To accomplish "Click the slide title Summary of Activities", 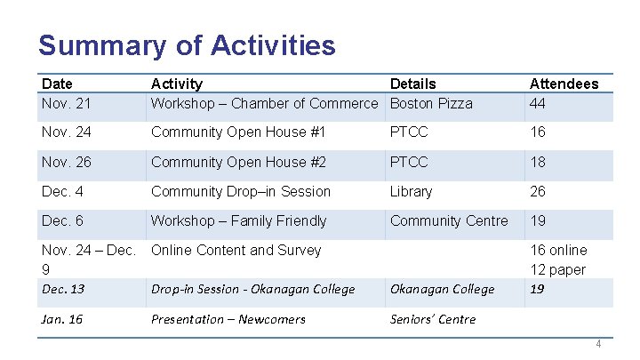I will [187, 45].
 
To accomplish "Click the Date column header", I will [57, 84].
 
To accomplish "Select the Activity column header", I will [176, 84].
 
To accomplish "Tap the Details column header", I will [412, 84].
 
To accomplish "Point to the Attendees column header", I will [564, 84].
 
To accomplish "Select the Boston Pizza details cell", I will [431, 103].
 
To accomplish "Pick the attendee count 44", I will [538, 103].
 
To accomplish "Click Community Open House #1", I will [238, 132].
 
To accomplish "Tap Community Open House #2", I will [238, 162].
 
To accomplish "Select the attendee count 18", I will [538, 162].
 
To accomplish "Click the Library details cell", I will [411, 191].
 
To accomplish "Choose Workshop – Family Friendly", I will [238, 220].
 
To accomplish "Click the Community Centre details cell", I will [449, 220].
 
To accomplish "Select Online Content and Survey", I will [236, 250].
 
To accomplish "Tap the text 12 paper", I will [557, 269].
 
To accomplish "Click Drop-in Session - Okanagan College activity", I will [252, 289].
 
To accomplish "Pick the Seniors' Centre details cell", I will [432, 319].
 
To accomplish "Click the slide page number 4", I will [599, 344].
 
